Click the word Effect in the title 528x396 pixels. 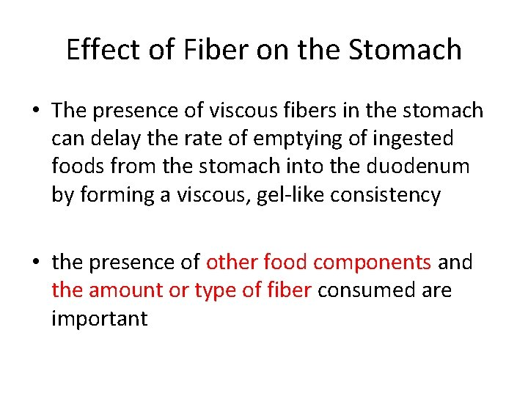[103, 50]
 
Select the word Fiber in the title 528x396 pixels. [216, 50]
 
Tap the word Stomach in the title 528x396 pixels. [404, 50]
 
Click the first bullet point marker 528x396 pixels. [36, 110]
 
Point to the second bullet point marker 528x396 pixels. [36, 261]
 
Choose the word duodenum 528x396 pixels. [417, 166]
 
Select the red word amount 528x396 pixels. [126, 290]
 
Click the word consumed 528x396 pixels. [367, 290]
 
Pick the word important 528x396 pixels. [100, 319]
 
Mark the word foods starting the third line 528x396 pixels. [78, 166]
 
